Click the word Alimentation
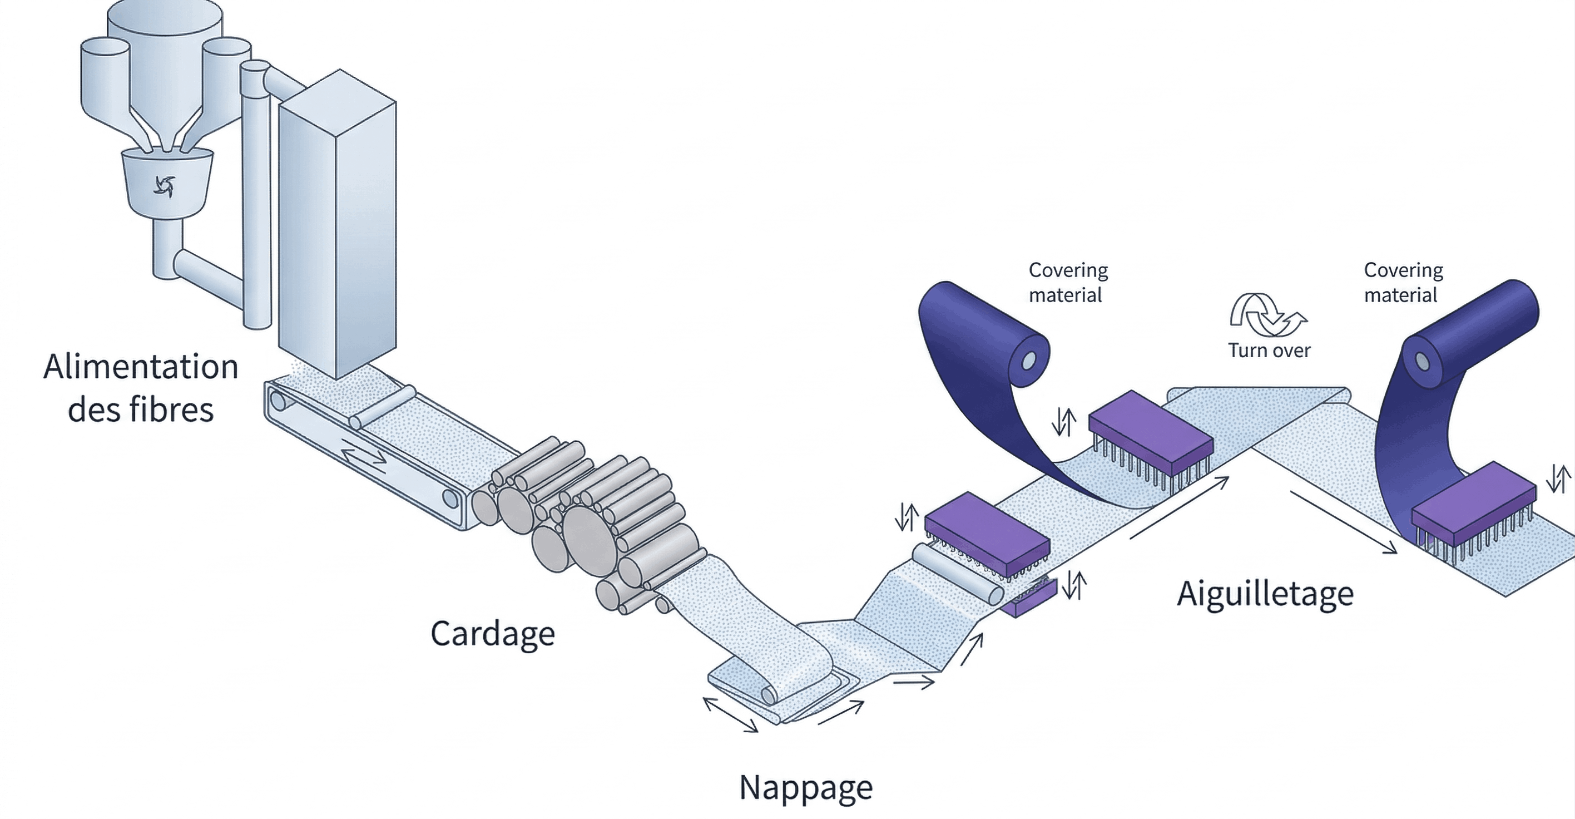coord(141,367)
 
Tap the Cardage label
coord(493,633)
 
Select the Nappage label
coord(806,788)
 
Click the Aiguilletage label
coord(1265,594)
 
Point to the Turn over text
coord(1269,351)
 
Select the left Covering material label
coord(1068,283)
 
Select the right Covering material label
coord(1403,283)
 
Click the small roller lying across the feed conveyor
coord(382,406)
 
